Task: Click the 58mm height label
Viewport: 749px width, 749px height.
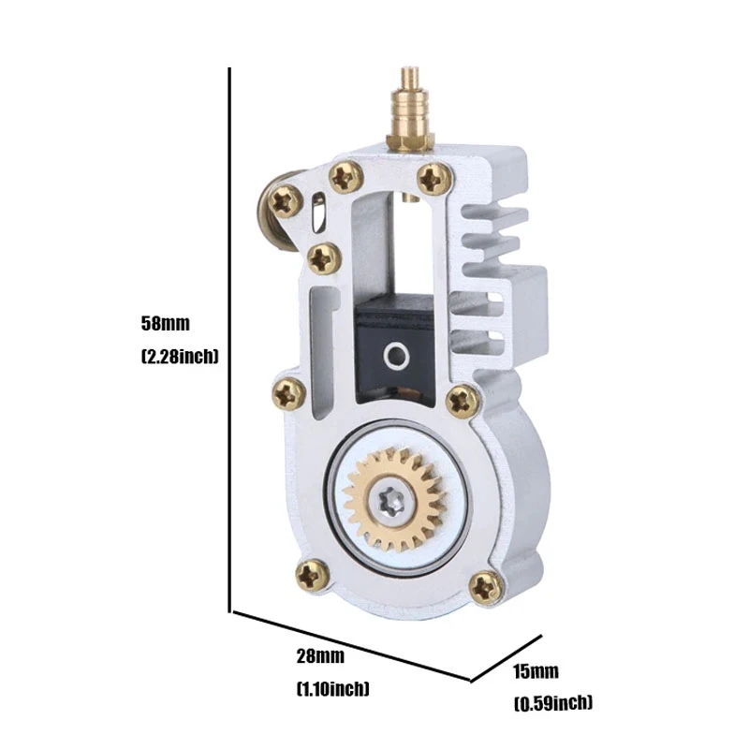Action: (x=166, y=323)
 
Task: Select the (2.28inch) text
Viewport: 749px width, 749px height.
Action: (x=180, y=357)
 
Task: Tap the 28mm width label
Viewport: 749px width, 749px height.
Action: (x=320, y=656)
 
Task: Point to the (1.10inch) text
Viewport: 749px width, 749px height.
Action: (x=333, y=689)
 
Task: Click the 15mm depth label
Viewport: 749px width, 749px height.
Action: (x=536, y=671)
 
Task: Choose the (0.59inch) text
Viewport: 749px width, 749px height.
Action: (x=553, y=703)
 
